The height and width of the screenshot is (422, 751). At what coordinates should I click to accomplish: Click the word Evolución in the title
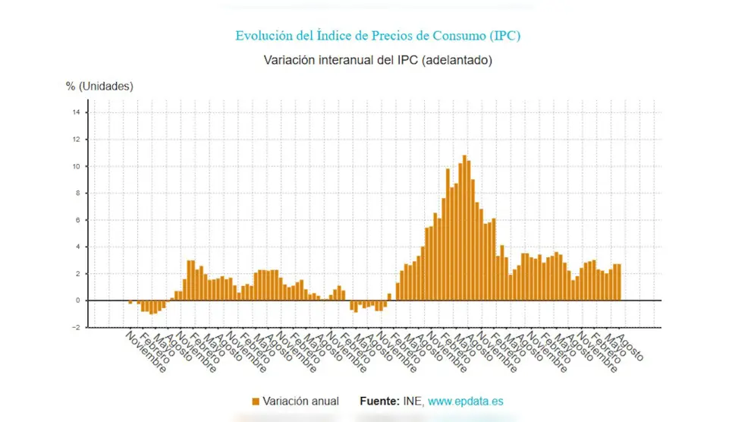[x=262, y=36]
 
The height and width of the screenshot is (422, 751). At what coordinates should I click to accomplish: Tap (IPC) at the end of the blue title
[x=504, y=36]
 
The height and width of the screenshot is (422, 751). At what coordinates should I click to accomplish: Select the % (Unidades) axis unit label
[x=99, y=87]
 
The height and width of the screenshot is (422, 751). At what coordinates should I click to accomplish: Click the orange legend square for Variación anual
[x=255, y=401]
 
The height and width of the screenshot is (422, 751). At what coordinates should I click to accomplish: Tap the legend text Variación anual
[x=301, y=401]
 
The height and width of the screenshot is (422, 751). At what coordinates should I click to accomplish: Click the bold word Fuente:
[x=379, y=401]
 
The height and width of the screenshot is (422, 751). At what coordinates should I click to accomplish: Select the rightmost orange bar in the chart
[x=619, y=282]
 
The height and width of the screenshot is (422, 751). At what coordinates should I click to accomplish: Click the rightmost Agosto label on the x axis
[x=630, y=348]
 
